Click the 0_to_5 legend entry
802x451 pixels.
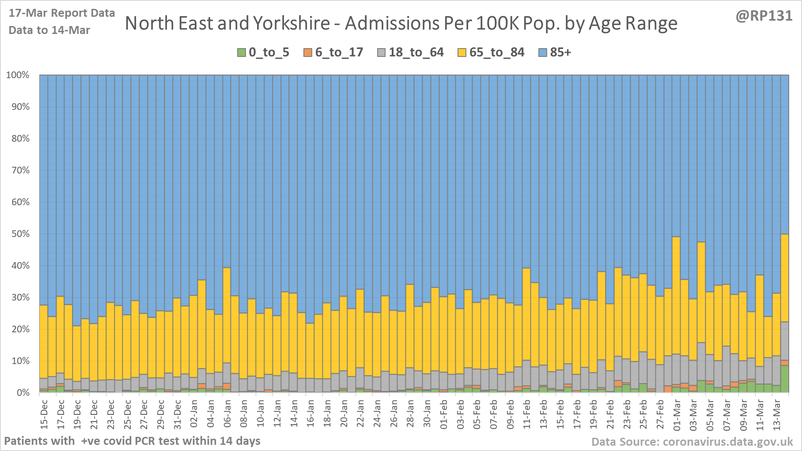263,53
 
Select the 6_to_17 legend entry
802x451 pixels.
333,53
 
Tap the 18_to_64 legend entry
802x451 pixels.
411,53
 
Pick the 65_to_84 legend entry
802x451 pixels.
491,53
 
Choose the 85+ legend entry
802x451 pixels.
555,53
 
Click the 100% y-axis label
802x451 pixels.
18,75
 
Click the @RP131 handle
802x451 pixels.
764,16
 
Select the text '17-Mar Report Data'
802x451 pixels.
62,13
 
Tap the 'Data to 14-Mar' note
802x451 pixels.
49,30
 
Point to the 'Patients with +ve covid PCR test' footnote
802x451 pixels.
132,441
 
